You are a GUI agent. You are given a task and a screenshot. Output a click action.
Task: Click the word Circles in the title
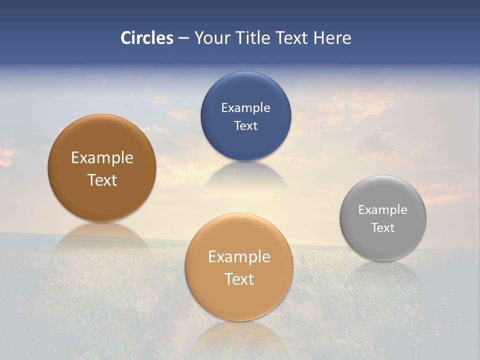[146, 38]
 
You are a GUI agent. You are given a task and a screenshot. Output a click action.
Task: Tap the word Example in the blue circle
[245, 108]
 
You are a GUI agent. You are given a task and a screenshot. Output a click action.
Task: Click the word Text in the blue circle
[245, 126]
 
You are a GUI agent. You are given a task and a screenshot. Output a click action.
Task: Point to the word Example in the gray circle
[383, 210]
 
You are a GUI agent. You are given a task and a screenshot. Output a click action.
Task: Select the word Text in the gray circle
[383, 228]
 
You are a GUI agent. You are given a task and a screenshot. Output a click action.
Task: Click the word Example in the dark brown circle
[102, 158]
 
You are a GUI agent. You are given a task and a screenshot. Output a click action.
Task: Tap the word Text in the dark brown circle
[102, 180]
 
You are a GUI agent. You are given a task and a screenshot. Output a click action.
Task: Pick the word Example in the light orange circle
[239, 257]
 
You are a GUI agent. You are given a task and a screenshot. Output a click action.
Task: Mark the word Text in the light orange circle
[239, 279]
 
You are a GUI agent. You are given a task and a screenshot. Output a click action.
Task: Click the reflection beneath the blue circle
[245, 175]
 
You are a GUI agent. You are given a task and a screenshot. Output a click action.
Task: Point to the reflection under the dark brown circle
[102, 237]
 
